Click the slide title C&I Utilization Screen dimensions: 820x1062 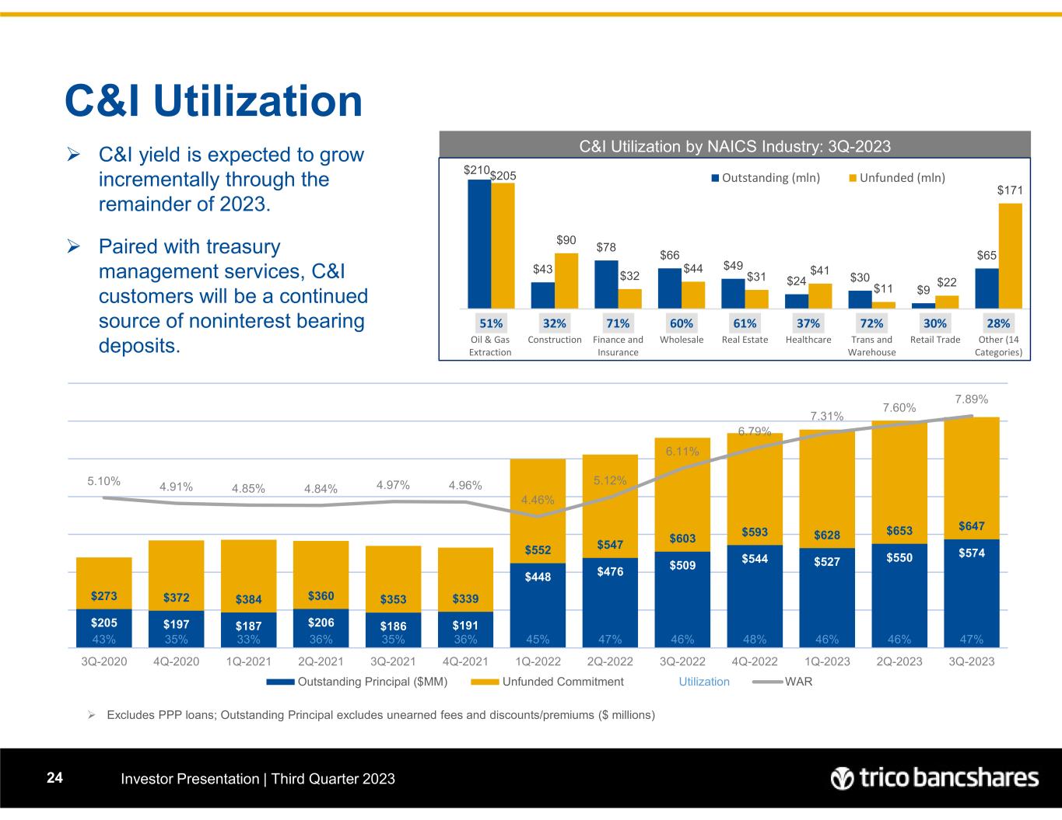tap(214, 101)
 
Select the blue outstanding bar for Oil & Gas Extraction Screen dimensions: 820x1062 tap(478, 244)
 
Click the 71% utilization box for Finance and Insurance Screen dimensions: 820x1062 tap(618, 323)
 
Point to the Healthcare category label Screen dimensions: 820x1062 tap(808, 340)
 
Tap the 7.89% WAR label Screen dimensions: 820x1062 tap(971, 400)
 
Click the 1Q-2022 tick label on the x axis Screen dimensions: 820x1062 tap(538, 661)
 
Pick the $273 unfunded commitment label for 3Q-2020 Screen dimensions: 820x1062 tap(103, 597)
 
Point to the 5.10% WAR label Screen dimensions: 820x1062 tap(103, 482)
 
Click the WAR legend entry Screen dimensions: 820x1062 tap(798, 682)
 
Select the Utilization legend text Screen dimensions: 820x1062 tap(704, 682)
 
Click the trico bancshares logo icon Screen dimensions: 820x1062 tap(842, 778)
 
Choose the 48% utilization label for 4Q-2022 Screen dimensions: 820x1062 tap(755, 640)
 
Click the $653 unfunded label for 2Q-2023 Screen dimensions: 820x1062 tap(899, 531)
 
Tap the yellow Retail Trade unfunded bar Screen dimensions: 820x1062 tap(946, 302)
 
